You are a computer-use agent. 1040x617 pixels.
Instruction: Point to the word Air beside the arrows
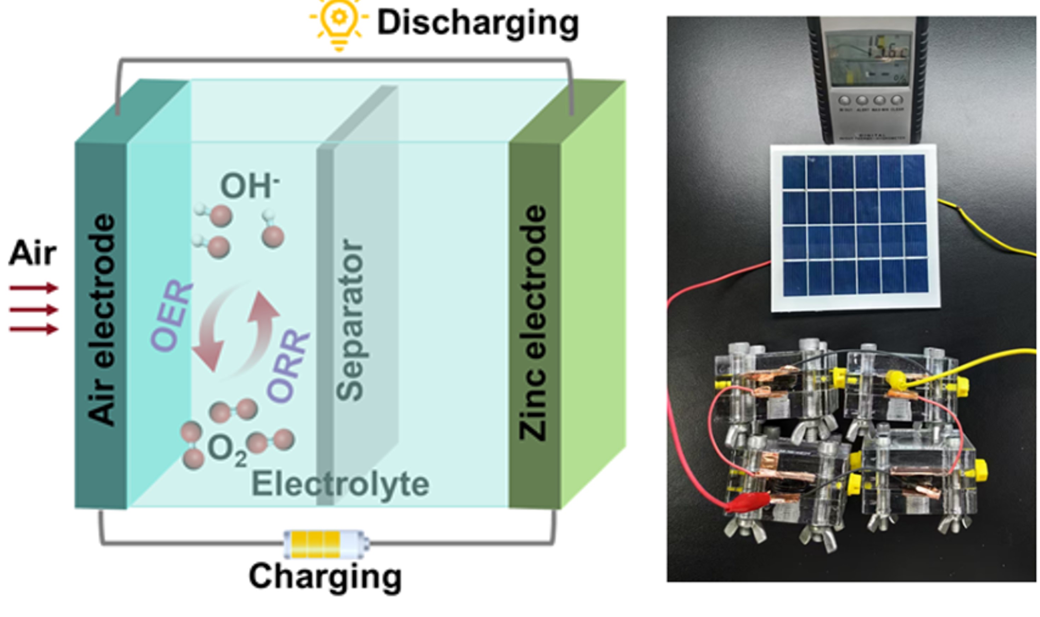click(x=33, y=253)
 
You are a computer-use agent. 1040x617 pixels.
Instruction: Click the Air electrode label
click(x=101, y=320)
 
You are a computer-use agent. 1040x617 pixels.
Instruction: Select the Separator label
click(x=350, y=320)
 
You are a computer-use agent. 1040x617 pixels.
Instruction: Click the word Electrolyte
click(x=340, y=484)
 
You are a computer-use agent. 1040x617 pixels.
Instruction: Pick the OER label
click(x=171, y=316)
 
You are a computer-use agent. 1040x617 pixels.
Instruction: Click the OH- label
click(x=248, y=186)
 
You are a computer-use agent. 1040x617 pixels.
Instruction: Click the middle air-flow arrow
click(x=33, y=309)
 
